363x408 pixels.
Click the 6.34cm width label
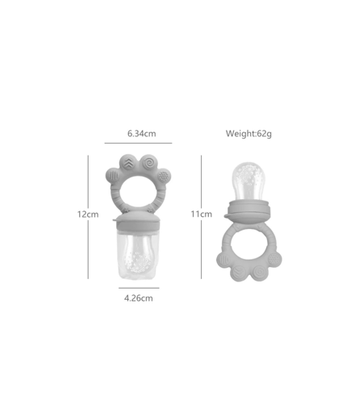pos(141,134)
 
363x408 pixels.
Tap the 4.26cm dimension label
pos(139,298)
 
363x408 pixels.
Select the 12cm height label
pos(88,214)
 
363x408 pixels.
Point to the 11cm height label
pos(202,214)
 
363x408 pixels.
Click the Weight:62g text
pos(248,134)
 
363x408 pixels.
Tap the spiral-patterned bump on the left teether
pos(148,163)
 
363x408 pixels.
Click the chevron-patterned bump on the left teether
pos(128,163)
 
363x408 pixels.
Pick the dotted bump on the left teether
pos(163,177)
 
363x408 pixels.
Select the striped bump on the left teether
pos(113,176)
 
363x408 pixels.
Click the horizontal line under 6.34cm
pos(138,143)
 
